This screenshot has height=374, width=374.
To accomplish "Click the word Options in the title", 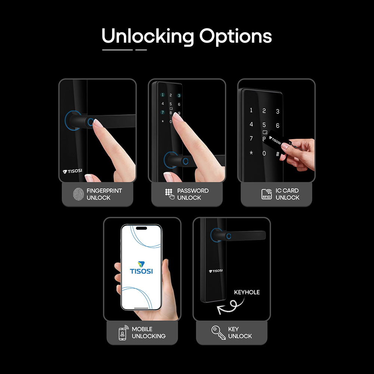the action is coord(235,37).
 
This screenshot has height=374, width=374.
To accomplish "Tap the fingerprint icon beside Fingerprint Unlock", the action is coord(79,194).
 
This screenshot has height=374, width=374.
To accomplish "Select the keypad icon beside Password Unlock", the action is coord(169,194).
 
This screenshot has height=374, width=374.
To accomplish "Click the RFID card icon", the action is coord(267,194).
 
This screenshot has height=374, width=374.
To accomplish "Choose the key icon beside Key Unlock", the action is coord(218,332).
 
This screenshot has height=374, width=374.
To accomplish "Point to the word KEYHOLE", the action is coord(247,292).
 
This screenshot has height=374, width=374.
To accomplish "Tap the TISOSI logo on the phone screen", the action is coord(141,268).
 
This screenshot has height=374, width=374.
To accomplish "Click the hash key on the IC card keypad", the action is coord(278,154).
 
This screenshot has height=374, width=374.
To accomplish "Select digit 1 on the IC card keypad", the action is coord(251,110).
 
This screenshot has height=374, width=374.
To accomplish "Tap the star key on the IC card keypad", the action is coord(251,153).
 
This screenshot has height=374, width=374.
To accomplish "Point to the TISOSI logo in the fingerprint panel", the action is coord(72,171).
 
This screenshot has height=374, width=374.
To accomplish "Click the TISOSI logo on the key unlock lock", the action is coord(216,271).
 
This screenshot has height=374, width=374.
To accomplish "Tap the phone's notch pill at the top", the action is coord(141,228).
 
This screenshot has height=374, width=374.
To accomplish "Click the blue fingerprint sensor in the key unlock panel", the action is coord(229,236).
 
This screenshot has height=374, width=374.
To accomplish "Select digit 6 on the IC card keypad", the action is coord(278,125).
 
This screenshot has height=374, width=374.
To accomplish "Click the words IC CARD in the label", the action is coord(287,191).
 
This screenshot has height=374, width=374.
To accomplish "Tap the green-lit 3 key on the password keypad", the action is coord(179,96).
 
